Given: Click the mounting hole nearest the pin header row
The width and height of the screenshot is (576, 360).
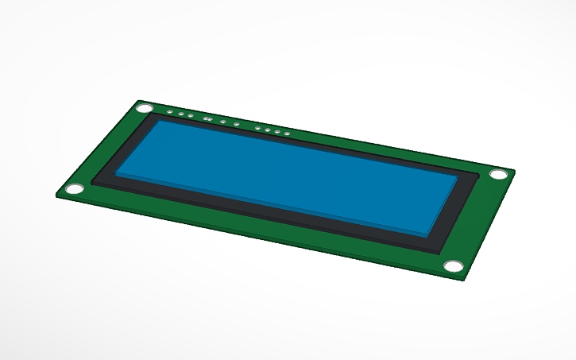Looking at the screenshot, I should tap(146, 107).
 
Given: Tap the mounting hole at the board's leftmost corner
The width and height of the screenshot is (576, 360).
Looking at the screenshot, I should tap(74, 189).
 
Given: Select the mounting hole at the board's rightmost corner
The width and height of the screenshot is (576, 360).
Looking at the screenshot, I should tap(498, 174).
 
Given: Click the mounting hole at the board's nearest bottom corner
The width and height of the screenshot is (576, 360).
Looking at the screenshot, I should tap(453, 266).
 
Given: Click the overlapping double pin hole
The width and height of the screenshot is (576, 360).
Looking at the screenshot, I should tap(207, 119).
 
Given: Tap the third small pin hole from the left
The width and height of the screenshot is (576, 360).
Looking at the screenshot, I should tap(190, 116).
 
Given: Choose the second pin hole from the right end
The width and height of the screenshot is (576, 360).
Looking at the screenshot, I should tap(276, 130).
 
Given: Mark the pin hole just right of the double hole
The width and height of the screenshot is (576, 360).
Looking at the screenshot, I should tap(222, 122).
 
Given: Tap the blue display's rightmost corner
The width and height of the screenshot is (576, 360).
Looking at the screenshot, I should tap(458, 177).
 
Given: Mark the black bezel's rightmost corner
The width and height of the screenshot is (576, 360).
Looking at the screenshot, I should tap(478, 176).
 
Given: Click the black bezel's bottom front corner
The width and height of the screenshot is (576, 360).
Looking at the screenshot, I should tap(442, 253).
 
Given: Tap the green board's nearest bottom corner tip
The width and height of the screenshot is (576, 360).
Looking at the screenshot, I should tap(466, 279).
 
